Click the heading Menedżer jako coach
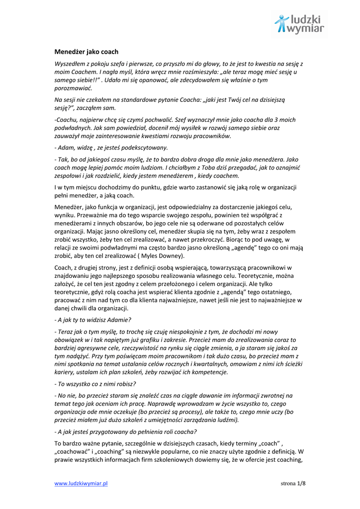[86, 51]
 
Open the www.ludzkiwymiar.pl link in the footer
[81, 483]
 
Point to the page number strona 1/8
[293, 483]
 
